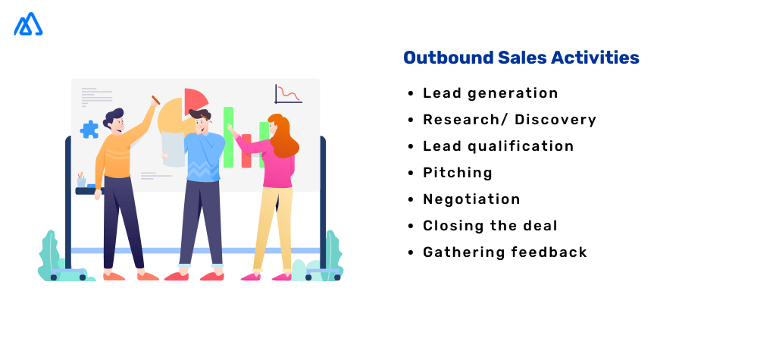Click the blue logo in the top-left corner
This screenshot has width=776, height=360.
tap(28, 25)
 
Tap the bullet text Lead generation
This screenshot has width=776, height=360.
tap(490, 93)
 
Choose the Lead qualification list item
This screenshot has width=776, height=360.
tap(498, 146)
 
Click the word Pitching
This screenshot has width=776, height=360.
tap(458, 173)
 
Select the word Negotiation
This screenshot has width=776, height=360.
tap(471, 199)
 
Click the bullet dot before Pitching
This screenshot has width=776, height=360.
tap(411, 174)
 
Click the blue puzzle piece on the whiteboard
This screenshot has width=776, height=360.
tap(89, 129)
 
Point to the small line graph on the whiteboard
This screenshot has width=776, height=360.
tap(288, 93)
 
